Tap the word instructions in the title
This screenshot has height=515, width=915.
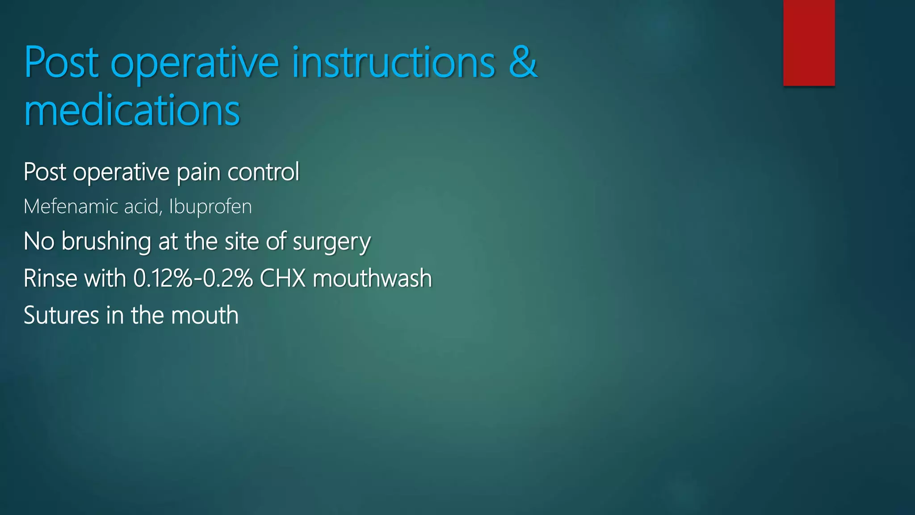click(x=393, y=63)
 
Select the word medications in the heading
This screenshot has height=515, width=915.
click(x=132, y=110)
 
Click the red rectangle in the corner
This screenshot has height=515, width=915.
click(x=809, y=42)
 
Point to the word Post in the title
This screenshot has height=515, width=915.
click(x=61, y=63)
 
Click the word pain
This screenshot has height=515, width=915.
click(x=198, y=173)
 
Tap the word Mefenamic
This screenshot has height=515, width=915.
click(x=71, y=207)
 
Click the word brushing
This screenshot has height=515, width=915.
click(x=106, y=242)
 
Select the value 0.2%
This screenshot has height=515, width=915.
click(x=228, y=278)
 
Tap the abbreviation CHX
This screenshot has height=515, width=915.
click(x=282, y=278)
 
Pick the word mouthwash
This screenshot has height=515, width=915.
click(x=372, y=278)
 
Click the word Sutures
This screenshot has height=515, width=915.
click(x=61, y=315)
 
